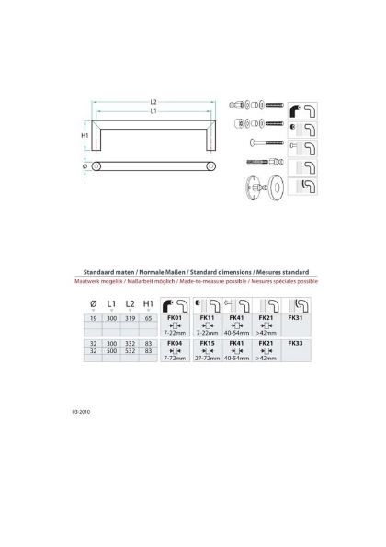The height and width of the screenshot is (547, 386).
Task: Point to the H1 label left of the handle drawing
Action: (x=85, y=136)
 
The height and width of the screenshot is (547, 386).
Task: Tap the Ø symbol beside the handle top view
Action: (x=84, y=166)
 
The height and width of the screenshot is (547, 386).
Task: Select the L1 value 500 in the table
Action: (x=110, y=349)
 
